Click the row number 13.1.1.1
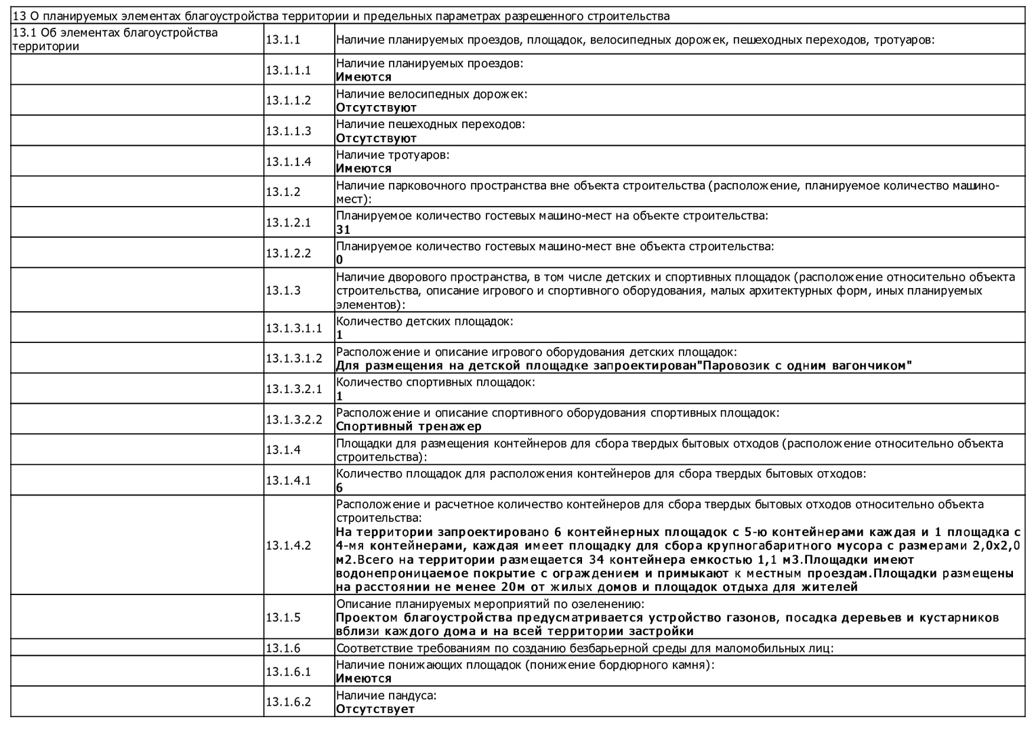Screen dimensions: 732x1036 tap(288, 70)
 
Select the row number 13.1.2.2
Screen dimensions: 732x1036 tap(288, 253)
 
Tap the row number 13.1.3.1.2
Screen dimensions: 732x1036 tap(293, 358)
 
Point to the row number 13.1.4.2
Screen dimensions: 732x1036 tap(288, 545)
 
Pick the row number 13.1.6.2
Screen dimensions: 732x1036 tap(288, 701)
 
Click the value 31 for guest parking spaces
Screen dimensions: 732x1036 tap(343, 230)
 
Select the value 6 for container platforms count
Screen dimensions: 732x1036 tap(339, 488)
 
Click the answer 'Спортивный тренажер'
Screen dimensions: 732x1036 tap(409, 426)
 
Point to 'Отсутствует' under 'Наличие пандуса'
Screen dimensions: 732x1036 tap(375, 709)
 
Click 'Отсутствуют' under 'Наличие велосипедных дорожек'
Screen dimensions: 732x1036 tap(376, 108)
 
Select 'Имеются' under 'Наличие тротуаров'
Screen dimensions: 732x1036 tap(363, 169)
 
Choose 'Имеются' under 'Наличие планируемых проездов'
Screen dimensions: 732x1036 tap(363, 77)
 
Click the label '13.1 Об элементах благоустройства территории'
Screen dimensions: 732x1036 tap(115, 39)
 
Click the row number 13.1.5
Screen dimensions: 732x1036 tap(283, 617)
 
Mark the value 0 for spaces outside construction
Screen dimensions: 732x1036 tap(339, 260)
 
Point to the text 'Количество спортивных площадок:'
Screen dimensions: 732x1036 tap(436, 382)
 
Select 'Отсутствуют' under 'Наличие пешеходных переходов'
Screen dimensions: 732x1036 tap(376, 138)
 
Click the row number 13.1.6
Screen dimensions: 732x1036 tap(283, 648)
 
